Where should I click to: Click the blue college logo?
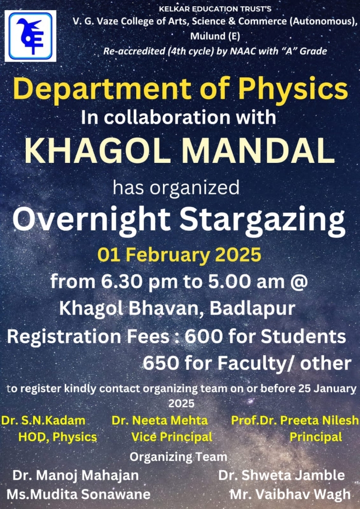click(30, 35)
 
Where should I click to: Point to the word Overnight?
click(91, 221)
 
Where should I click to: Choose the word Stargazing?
click(263, 221)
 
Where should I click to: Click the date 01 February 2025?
click(180, 255)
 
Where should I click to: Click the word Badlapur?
click(252, 308)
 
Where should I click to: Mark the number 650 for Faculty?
click(161, 363)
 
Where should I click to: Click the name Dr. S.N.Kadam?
click(43, 421)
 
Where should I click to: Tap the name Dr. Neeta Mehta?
click(160, 421)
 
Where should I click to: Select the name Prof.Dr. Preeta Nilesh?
click(295, 421)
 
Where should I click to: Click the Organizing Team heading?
click(179, 457)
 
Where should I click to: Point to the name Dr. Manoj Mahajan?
click(76, 476)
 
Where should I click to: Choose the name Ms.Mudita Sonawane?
click(79, 494)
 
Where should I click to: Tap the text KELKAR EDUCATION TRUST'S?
click(215, 9)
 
